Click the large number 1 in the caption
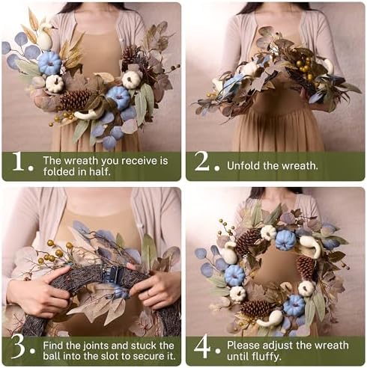click(18, 166)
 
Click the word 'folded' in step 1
click(62, 172)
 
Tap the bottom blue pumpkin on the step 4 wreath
click(293, 305)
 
